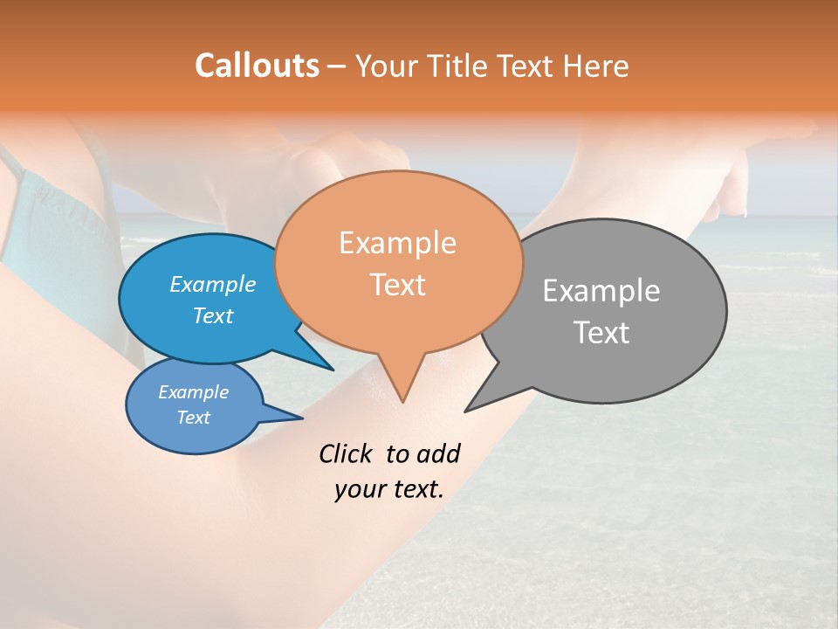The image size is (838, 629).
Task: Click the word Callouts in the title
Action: click(x=257, y=66)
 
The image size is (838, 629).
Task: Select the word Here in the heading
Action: click(x=595, y=66)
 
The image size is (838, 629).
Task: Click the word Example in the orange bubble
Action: click(x=397, y=242)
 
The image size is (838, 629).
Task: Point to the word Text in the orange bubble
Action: click(x=398, y=284)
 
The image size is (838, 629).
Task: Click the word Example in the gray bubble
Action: click(x=601, y=290)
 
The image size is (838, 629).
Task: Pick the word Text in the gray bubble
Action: click(x=601, y=332)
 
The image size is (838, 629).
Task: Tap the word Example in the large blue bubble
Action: click(x=212, y=284)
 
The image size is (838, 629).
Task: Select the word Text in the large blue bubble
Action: click(x=212, y=315)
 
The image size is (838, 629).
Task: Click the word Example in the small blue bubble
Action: click(x=193, y=392)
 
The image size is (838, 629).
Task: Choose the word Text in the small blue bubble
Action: click(x=193, y=418)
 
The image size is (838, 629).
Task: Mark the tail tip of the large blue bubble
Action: click(x=332, y=369)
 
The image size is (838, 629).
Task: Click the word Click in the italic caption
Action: click(x=346, y=453)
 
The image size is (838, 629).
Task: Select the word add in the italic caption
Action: click(x=437, y=453)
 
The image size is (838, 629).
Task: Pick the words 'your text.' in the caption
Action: click(x=388, y=489)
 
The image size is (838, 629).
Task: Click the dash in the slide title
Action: click(x=337, y=66)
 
